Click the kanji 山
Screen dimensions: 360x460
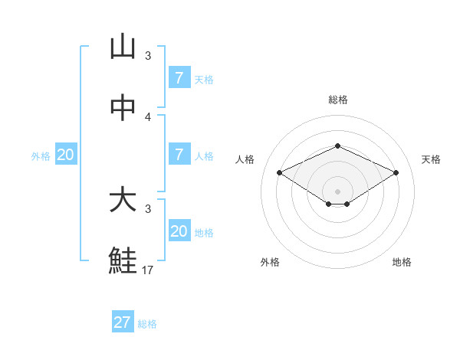pos(123,47)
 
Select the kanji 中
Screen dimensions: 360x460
pos(123,108)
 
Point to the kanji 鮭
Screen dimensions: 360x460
pos(123,260)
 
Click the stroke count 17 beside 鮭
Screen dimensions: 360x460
pos(149,270)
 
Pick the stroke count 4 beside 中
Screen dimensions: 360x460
pos(148,117)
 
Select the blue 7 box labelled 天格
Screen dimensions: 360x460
pos(179,77)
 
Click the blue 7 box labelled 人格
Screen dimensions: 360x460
pos(179,154)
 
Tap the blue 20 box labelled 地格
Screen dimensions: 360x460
pos(179,231)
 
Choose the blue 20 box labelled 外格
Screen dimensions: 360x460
pos(65,154)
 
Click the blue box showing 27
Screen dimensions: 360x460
pos(122,322)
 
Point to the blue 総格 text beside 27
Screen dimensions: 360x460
pos(147,323)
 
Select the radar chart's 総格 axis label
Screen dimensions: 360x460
pos(337,100)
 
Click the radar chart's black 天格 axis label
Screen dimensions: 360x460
pos(431,159)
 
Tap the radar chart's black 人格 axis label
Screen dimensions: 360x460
pos(245,159)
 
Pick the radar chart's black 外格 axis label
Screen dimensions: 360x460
pos(269,262)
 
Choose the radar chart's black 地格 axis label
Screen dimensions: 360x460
pos(402,262)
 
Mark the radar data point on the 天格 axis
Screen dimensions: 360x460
pos(396,172)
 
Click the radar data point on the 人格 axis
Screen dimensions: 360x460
pos(280,172)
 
